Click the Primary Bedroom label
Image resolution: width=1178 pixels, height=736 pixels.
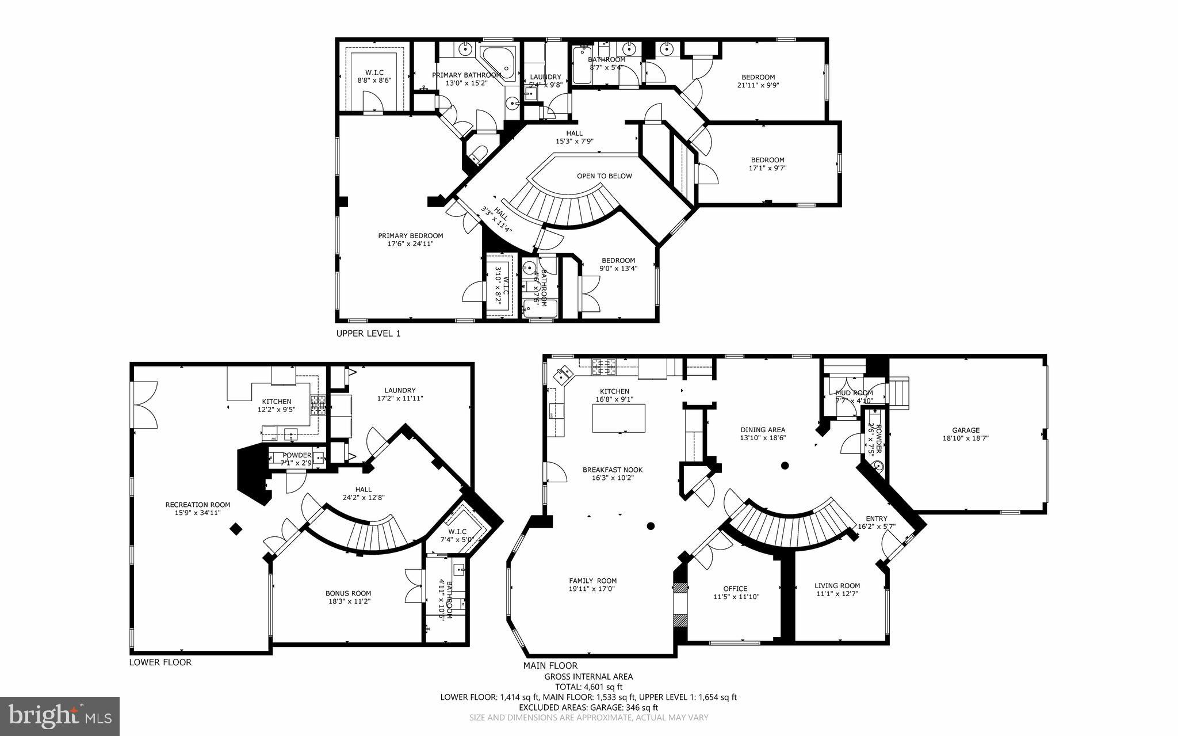pos(410,235)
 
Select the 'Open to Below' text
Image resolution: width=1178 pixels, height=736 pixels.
pos(604,176)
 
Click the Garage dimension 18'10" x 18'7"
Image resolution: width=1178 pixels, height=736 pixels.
pos(965,438)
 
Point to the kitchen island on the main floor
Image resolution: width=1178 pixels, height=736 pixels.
pos(618,418)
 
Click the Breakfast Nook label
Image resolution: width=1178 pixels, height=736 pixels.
pos(612,470)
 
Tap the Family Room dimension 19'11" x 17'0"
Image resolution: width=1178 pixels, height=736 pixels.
pos(592,589)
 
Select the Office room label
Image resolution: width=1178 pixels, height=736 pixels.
pos(735,588)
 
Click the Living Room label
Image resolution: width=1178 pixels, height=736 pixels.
pos(837,586)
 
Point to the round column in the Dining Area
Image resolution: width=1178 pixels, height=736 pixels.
pos(785,466)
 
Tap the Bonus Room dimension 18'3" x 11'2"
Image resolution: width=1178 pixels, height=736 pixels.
pos(348,601)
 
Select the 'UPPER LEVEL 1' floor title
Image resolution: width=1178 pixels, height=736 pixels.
pos(368,334)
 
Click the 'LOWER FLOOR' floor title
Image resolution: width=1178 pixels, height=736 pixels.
pos(160,662)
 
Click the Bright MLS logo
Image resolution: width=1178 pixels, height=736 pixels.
pos(60,716)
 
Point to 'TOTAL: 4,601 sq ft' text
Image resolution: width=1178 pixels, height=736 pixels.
pos(588,687)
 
